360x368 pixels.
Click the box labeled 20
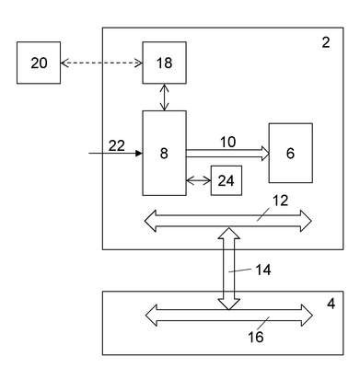(x=39, y=63)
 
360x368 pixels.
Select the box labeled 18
(x=164, y=63)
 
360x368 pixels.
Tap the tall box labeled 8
(x=164, y=153)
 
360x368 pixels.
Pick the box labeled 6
(x=291, y=153)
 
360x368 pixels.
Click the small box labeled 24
(x=226, y=180)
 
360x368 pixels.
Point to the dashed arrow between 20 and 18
(x=101, y=63)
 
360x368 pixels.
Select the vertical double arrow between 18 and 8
(x=165, y=97)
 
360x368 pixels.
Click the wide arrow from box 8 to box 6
(x=227, y=153)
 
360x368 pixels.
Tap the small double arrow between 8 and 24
(x=198, y=181)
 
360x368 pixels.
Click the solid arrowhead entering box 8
(x=139, y=153)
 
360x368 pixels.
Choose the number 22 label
(x=117, y=145)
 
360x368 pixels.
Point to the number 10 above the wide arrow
(x=228, y=142)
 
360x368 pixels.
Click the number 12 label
(x=280, y=201)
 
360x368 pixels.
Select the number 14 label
(x=263, y=270)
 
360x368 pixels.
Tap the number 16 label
(x=256, y=338)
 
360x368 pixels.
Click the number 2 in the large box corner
(x=326, y=42)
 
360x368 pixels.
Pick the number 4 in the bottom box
(x=331, y=304)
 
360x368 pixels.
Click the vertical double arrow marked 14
(x=229, y=269)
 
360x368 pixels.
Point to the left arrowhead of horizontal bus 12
(x=151, y=221)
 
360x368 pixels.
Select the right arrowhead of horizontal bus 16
(x=307, y=315)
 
